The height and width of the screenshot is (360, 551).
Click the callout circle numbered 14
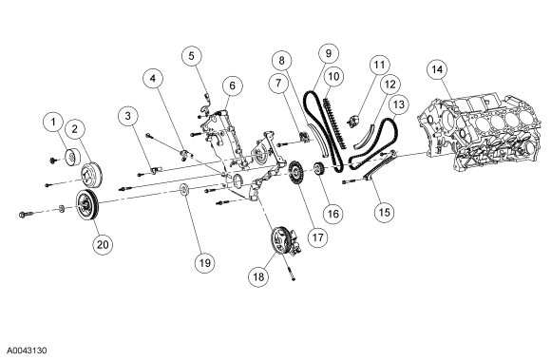(x=437, y=69)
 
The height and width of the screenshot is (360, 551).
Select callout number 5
(x=192, y=56)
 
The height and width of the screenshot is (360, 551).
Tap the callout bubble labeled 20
(x=103, y=244)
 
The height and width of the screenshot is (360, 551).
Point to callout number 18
(x=258, y=276)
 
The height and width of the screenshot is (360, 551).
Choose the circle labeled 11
(x=379, y=65)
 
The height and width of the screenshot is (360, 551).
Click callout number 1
(x=53, y=123)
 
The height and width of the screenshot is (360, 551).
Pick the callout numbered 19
(x=205, y=262)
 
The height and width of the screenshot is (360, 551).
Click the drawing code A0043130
(x=27, y=351)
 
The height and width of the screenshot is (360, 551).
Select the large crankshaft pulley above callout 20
(x=88, y=206)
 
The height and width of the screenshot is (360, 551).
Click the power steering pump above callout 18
(x=285, y=241)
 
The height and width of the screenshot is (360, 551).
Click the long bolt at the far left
(x=27, y=214)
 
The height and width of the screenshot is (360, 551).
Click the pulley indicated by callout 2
(x=91, y=175)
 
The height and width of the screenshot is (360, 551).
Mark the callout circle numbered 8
(x=281, y=61)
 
